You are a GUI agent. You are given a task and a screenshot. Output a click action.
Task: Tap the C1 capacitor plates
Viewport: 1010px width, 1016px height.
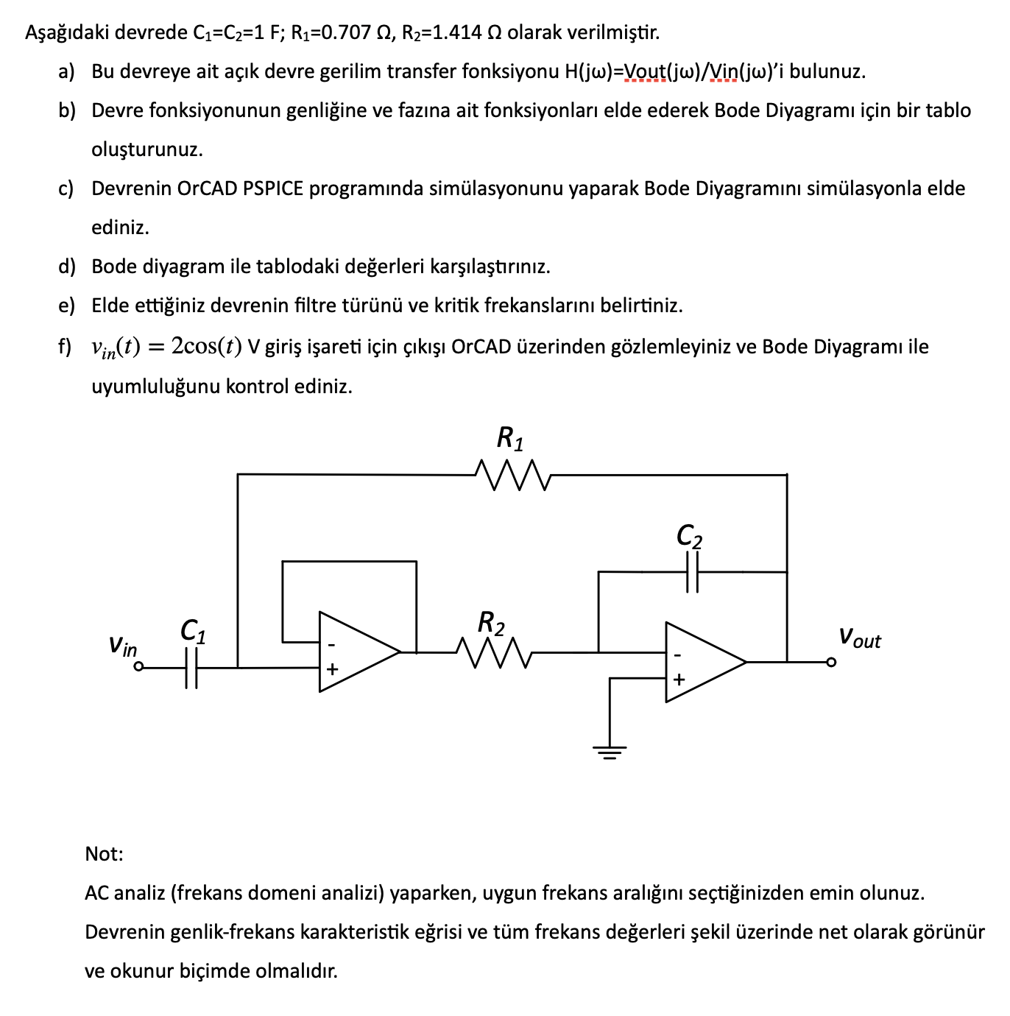[x=191, y=668]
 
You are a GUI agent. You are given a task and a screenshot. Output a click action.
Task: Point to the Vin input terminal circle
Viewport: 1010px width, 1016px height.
[x=138, y=668]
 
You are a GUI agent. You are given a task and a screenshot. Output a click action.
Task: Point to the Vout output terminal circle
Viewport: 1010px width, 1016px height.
[x=831, y=662]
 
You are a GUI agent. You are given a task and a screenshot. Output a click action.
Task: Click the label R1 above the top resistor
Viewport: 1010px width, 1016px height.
[x=511, y=439]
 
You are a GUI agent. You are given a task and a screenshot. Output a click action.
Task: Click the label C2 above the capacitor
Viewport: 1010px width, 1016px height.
[x=689, y=537]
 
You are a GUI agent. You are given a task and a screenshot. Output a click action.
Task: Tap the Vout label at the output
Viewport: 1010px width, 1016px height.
[x=859, y=638]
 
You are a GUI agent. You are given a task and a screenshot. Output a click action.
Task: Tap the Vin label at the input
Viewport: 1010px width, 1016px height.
[x=122, y=646]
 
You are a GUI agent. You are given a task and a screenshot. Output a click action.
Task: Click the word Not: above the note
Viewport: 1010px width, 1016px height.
[x=104, y=854]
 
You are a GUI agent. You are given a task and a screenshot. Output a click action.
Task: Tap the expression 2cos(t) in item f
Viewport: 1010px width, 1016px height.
[x=207, y=346]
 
